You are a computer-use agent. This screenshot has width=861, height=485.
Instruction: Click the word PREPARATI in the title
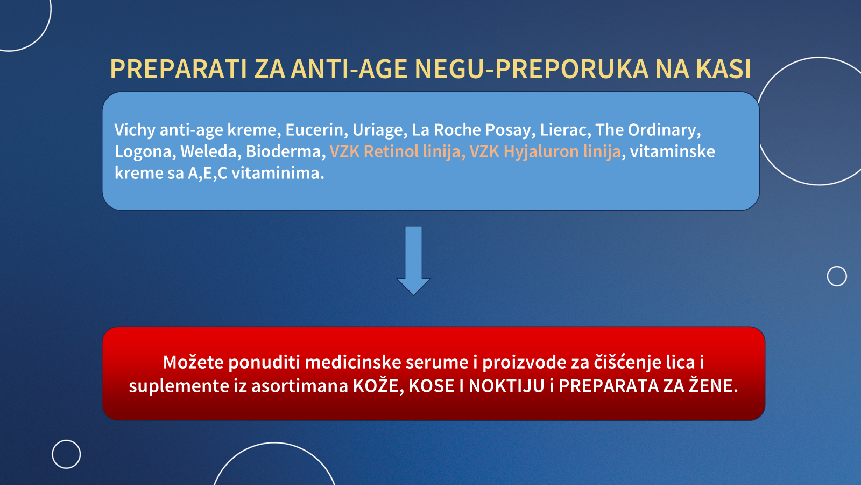[178, 70]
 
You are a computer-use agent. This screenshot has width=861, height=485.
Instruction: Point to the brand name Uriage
[379, 130]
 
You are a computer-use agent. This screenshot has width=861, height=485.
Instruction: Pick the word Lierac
[564, 130]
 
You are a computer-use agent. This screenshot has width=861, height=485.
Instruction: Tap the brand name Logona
[143, 151]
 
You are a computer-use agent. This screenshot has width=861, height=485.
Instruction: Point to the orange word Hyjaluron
[541, 151]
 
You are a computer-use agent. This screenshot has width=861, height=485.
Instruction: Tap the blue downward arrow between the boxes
[413, 261]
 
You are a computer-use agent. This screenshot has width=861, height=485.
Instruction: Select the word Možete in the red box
[193, 362]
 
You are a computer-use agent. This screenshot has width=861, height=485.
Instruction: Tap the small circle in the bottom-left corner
[66, 440]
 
